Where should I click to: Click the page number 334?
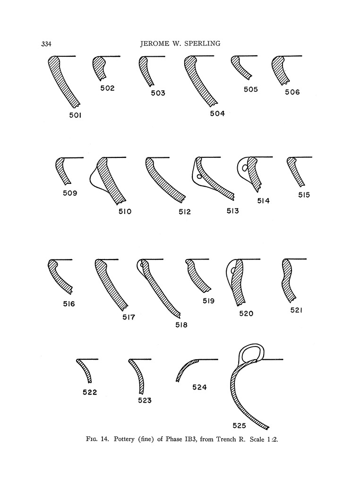pyautogui.click(x=46, y=44)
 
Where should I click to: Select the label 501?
pyautogui.click(x=75, y=115)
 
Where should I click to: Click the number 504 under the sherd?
pyautogui.click(x=217, y=113)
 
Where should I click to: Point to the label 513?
pyautogui.click(x=233, y=211)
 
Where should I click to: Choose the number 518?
pyautogui.click(x=181, y=325)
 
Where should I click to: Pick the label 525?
pyautogui.click(x=240, y=426)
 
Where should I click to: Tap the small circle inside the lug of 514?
pyautogui.click(x=245, y=168)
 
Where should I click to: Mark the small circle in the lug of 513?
pyautogui.click(x=199, y=177)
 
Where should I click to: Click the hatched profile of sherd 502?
pyautogui.click(x=99, y=67)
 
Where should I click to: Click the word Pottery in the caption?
pyautogui.click(x=124, y=439)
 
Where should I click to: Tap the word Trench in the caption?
pyautogui.click(x=226, y=439)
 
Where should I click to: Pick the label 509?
pyautogui.click(x=70, y=193)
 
